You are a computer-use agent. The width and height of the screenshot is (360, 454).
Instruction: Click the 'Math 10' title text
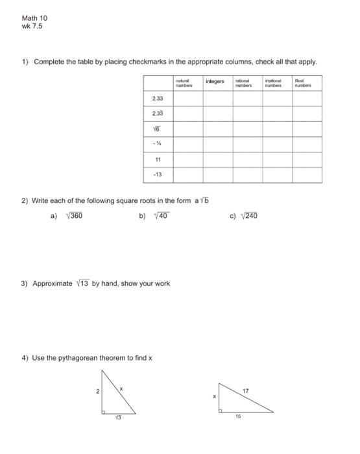pos(34,18)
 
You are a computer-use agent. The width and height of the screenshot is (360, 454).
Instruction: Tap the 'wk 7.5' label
pos(32,26)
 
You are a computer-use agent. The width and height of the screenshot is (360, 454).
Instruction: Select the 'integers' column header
pos(215,82)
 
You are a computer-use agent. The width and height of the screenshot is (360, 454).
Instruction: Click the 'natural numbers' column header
pos(187,82)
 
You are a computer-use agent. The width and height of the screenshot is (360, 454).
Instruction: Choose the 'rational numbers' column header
pos(247,82)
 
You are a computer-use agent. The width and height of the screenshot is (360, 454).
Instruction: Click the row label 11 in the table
pos(158,160)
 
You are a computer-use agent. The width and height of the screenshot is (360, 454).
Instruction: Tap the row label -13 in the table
pos(158,175)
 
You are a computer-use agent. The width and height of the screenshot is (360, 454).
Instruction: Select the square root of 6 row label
pos(158,129)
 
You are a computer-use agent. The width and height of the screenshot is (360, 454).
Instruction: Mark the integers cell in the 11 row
pos(217,160)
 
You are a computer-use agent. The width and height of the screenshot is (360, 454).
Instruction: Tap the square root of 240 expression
pos(249,216)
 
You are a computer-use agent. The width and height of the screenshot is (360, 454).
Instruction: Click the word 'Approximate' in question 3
pos(53,283)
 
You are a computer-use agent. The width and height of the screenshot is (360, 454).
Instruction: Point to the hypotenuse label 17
pos(245,391)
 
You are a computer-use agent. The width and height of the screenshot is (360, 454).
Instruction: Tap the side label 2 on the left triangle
pos(98,392)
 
